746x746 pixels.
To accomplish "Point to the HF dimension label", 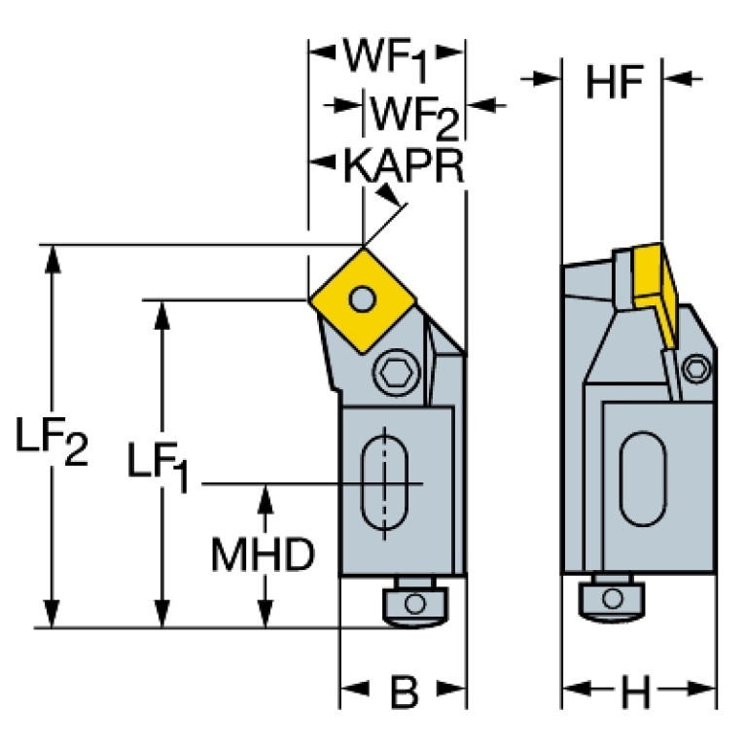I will [x=615, y=84].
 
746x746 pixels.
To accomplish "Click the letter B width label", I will [x=404, y=693].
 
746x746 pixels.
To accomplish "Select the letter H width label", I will [x=636, y=693].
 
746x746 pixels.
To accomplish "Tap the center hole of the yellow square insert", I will [x=363, y=297].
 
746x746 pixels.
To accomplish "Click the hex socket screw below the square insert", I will [x=393, y=370].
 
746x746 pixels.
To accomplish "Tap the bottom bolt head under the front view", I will [x=412, y=603].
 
